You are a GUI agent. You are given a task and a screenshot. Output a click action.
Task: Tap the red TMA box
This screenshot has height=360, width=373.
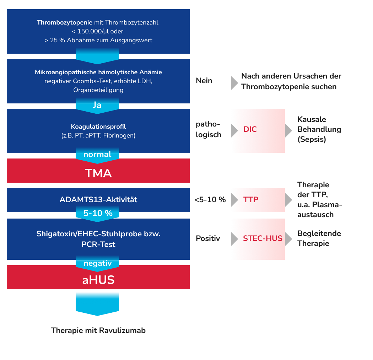98,173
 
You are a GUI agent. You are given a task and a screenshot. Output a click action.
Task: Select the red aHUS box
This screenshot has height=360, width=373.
98,280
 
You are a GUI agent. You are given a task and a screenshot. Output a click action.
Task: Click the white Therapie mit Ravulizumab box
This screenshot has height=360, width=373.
98,331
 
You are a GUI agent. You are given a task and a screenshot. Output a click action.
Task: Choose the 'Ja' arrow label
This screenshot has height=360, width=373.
97,106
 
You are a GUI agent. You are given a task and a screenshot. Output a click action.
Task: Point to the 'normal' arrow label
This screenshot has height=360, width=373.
97,155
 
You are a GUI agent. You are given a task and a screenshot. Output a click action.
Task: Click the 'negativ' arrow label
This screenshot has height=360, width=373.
97,263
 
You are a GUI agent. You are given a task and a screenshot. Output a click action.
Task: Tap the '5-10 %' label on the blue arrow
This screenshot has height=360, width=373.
98,213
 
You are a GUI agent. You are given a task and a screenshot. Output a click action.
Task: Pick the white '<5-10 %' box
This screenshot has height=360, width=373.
210,200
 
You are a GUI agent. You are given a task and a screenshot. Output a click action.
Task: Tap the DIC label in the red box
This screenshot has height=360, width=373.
250,130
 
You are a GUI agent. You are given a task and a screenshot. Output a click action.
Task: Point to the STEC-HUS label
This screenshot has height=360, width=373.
263,238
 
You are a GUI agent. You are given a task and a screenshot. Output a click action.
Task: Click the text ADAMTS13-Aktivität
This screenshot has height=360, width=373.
98,200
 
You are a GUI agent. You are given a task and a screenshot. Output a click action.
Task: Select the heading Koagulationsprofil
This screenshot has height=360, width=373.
98,127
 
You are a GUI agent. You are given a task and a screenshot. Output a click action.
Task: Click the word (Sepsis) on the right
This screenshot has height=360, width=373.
312,139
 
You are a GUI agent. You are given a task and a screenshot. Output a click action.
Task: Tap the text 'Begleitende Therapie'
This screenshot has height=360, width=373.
319,238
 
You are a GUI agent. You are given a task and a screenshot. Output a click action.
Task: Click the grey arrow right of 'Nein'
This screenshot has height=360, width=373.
234,82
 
